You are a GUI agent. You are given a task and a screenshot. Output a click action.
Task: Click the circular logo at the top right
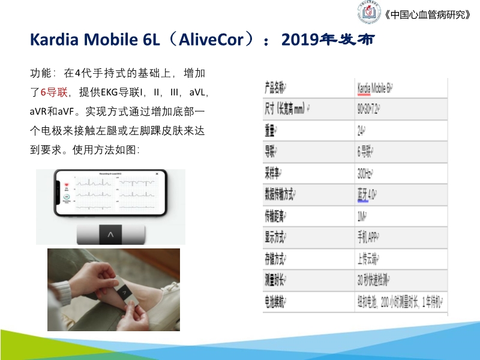coord(371,14)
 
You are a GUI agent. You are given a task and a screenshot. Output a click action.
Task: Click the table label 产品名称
coord(278,88)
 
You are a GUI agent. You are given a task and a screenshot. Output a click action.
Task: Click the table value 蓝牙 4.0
coord(368,194)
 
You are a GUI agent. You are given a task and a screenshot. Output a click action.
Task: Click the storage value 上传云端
coord(368,259)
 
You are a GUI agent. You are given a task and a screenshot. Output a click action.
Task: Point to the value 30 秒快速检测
coord(377,280)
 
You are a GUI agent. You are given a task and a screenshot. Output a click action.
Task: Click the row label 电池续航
coord(280,302)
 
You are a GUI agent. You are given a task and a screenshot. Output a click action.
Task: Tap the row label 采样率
coord(275,173)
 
